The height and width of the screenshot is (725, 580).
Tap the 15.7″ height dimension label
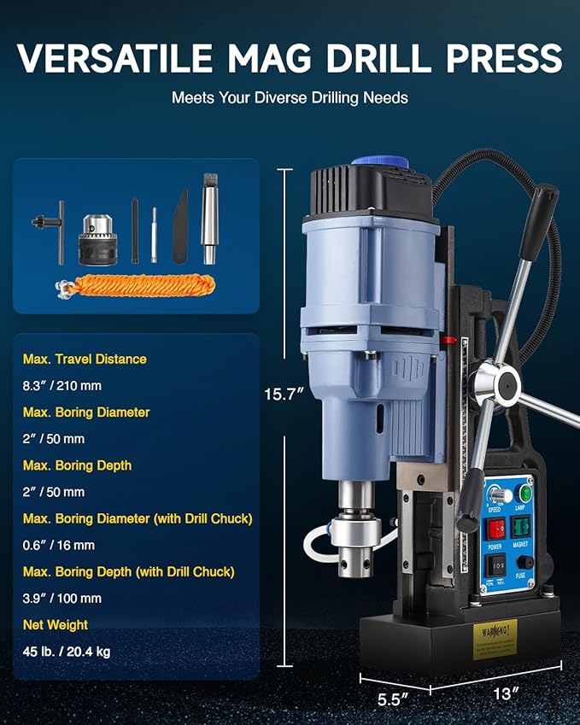[285, 394]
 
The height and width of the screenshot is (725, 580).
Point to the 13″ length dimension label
[503, 693]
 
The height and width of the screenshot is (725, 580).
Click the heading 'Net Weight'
[56, 625]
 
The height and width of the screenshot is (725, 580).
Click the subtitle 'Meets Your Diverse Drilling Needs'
[290, 97]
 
